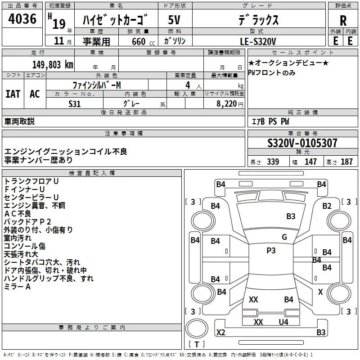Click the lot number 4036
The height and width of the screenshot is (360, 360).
pyautogui.click(x=22, y=19)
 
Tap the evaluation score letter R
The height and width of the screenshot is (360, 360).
pyautogui.click(x=343, y=21)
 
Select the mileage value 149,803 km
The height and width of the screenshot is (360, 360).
pyautogui.click(x=53, y=65)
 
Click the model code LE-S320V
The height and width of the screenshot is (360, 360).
pyautogui.click(x=258, y=41)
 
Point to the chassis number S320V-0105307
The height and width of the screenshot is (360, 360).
pyautogui.click(x=302, y=143)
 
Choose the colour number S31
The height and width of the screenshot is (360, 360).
pyautogui.click(x=75, y=104)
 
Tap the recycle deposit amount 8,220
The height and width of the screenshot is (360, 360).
pyautogui.click(x=227, y=104)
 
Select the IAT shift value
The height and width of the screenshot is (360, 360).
pyautogui.click(x=13, y=94)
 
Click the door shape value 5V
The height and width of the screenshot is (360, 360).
pyautogui.click(x=174, y=20)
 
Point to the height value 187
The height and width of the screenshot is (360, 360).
pyautogui.click(x=346, y=162)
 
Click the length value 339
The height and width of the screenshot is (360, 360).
pyautogui.click(x=273, y=162)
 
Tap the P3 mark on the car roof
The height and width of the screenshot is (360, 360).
pyautogui.click(x=271, y=250)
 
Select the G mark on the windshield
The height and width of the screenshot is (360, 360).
pyautogui.click(x=284, y=237)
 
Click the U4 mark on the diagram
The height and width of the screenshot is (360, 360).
pyautogui.click(x=283, y=322)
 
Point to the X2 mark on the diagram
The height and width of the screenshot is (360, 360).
pyautogui.click(x=221, y=332)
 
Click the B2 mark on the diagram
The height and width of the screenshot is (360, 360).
pyautogui.click(x=327, y=206)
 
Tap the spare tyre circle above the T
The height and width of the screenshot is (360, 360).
pyautogui.click(x=197, y=328)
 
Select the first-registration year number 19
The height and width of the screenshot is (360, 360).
pyautogui.click(x=59, y=24)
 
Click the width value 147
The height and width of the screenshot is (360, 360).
pyautogui.click(x=310, y=162)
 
